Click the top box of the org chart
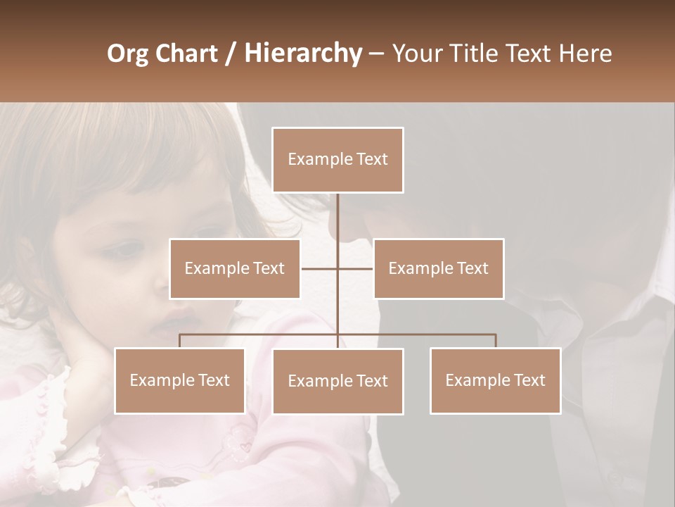coord(337,160)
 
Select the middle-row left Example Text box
coord(235,268)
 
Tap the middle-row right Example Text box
coord(438,268)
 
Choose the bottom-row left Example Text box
coord(179,380)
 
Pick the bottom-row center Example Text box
coord(337,381)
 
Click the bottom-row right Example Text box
coord(495,380)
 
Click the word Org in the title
coord(127,54)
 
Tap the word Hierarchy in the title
coord(302,54)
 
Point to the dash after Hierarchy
coord(376,54)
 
